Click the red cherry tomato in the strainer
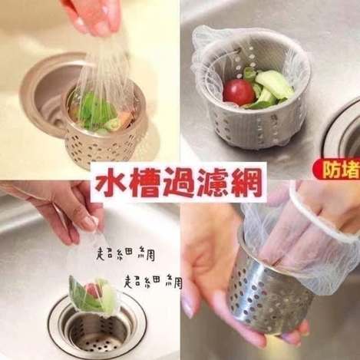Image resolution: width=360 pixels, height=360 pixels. pyautogui.click(x=236, y=91)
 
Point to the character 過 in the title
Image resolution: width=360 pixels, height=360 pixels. pyautogui.click(x=178, y=183)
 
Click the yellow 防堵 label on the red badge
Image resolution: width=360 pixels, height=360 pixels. pyautogui.click(x=340, y=170)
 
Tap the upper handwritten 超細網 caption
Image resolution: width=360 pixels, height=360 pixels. pyautogui.click(x=125, y=254)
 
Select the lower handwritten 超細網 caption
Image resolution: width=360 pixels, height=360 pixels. pyautogui.click(x=153, y=282)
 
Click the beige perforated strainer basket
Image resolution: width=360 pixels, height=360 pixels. pyautogui.click(x=104, y=133)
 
